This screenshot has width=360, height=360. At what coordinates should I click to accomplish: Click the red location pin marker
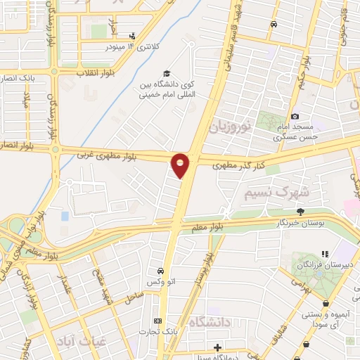[181, 165]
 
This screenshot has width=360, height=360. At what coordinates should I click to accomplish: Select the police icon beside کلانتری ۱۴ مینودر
[131, 36]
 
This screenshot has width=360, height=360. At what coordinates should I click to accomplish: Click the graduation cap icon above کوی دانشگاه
[167, 73]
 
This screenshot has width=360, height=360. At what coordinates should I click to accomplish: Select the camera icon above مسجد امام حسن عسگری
[295, 116]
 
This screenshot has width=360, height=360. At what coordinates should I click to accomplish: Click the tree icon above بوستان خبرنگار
[301, 211]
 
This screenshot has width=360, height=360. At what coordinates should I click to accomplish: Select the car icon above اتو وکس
[161, 271]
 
